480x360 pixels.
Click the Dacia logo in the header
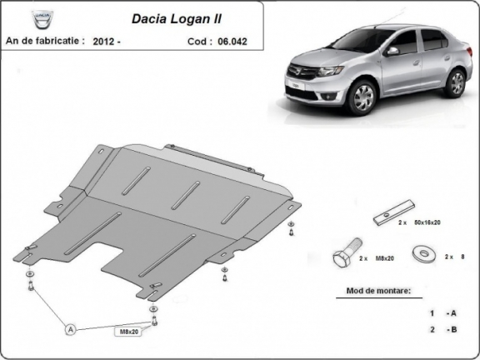click(x=22, y=17)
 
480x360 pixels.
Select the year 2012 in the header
click(x=106, y=39)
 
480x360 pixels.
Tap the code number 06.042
click(x=234, y=39)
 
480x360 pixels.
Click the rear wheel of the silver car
click(x=456, y=82)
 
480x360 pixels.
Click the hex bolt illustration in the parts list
click(x=345, y=257)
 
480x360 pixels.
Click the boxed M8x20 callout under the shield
click(x=127, y=332)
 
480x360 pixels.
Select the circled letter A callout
click(x=72, y=329)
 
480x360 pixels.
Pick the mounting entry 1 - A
click(x=442, y=313)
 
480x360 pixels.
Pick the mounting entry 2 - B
click(x=442, y=330)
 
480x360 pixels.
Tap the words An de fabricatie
click(x=46, y=39)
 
